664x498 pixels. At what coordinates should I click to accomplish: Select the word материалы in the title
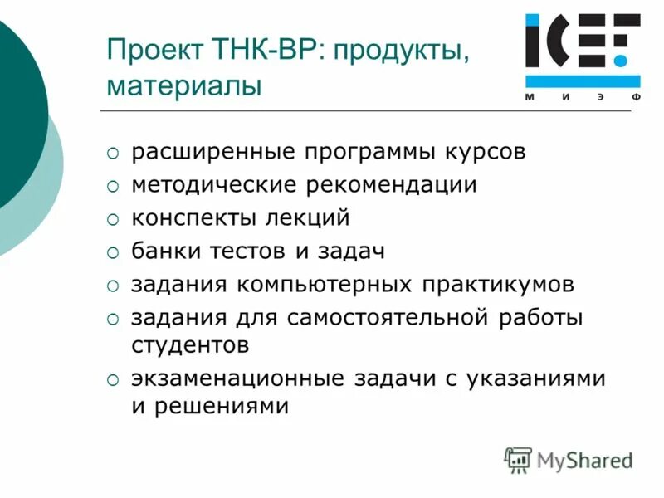(183, 85)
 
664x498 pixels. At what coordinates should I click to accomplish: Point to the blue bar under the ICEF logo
(582, 81)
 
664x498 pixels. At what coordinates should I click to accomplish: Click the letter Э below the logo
(599, 97)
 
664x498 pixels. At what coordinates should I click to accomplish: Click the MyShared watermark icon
(518, 458)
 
